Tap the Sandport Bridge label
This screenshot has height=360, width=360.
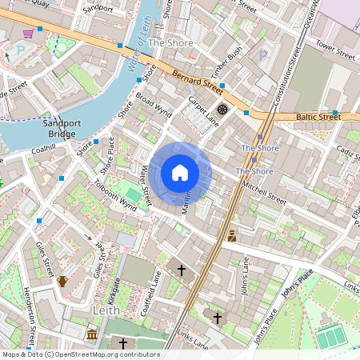click(x=60, y=128)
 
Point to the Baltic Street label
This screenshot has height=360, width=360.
click(x=318, y=118)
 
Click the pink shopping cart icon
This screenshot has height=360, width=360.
click(x=29, y=33)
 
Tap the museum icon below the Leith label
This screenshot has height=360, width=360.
click(x=93, y=333)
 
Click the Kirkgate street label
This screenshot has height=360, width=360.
click(x=115, y=288)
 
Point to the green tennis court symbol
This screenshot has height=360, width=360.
click(x=329, y=338)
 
